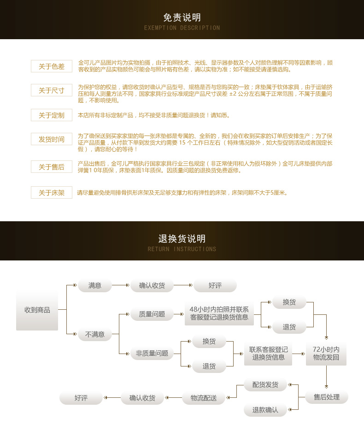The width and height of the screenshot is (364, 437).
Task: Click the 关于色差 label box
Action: pos(52,66)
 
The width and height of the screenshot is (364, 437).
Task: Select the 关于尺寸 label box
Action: pos(52,90)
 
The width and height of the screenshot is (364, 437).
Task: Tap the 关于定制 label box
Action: pos(52,115)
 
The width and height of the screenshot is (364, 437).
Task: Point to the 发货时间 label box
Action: pos(52,139)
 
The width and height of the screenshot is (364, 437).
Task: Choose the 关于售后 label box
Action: pos(52,167)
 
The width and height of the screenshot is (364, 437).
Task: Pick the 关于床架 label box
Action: pos(52,193)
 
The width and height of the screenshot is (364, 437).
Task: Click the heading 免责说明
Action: pos(182,18)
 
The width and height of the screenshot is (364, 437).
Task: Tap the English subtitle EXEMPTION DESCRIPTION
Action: pos(182,28)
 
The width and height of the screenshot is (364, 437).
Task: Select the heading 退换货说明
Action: pos(182,239)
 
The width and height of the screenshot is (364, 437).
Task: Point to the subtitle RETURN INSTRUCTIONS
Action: pos(182,249)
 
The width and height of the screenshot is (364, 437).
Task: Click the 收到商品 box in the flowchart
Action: pos(37,310)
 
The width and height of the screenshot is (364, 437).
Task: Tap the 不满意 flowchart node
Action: pos(95,334)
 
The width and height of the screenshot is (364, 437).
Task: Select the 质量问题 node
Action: pos(152,314)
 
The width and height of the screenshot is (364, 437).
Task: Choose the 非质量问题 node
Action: pos(152,354)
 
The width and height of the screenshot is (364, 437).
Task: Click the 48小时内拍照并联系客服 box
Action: pos(219,313)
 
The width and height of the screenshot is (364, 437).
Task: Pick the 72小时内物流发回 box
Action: pos(326,353)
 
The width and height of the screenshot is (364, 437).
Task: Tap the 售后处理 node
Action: pos(327,397)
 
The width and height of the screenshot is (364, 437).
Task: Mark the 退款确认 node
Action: pos(265,409)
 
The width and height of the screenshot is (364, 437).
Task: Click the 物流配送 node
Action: pos(204,398)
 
